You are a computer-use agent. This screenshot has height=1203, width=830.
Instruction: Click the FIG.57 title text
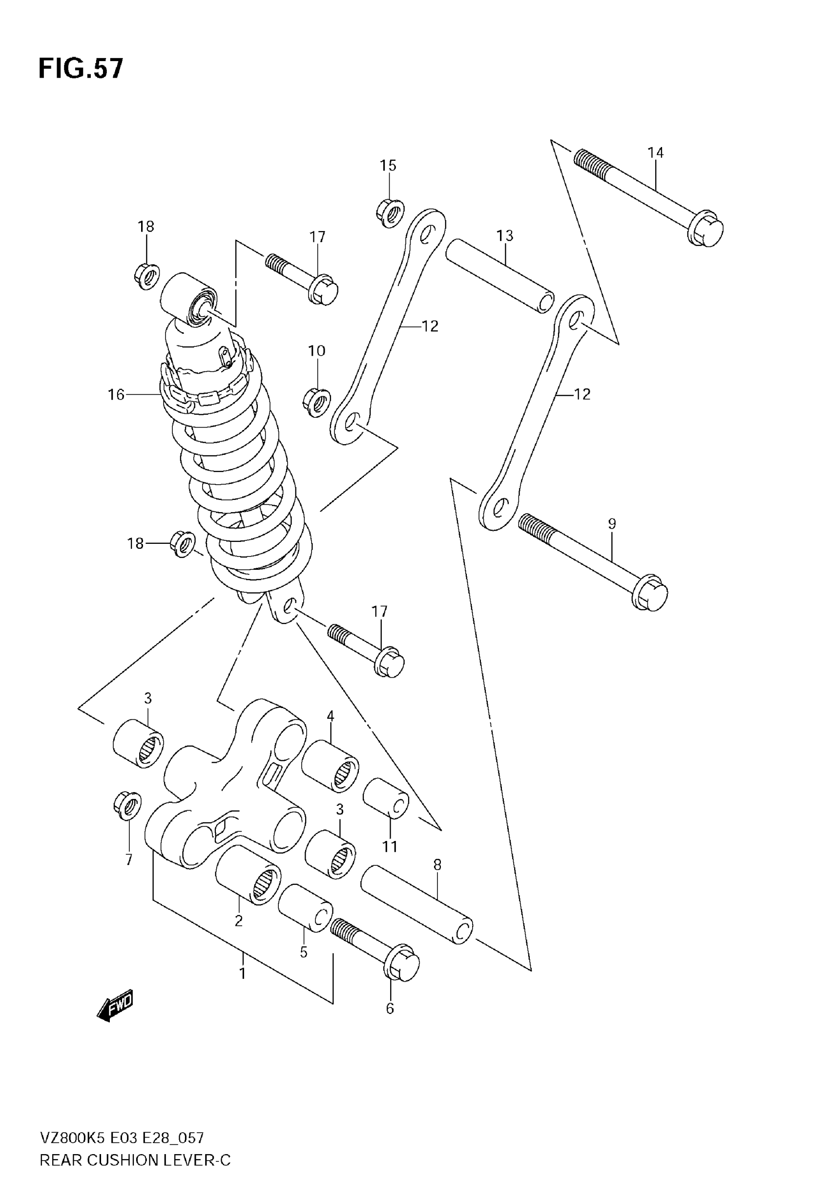click(x=81, y=69)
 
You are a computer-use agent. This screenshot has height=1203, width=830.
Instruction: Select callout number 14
click(x=655, y=153)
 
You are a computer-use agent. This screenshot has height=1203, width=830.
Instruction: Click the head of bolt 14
click(x=707, y=229)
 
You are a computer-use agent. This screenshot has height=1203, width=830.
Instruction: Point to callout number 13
click(x=504, y=236)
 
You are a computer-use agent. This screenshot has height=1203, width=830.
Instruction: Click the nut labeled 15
click(x=391, y=213)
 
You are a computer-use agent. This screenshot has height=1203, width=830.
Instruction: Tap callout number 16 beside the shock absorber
click(x=116, y=395)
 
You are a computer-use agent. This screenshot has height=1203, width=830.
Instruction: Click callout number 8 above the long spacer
click(x=437, y=865)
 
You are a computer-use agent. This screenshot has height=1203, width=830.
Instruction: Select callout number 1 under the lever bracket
click(x=242, y=972)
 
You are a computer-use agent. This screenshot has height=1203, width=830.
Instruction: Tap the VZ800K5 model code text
click(x=73, y=1138)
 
